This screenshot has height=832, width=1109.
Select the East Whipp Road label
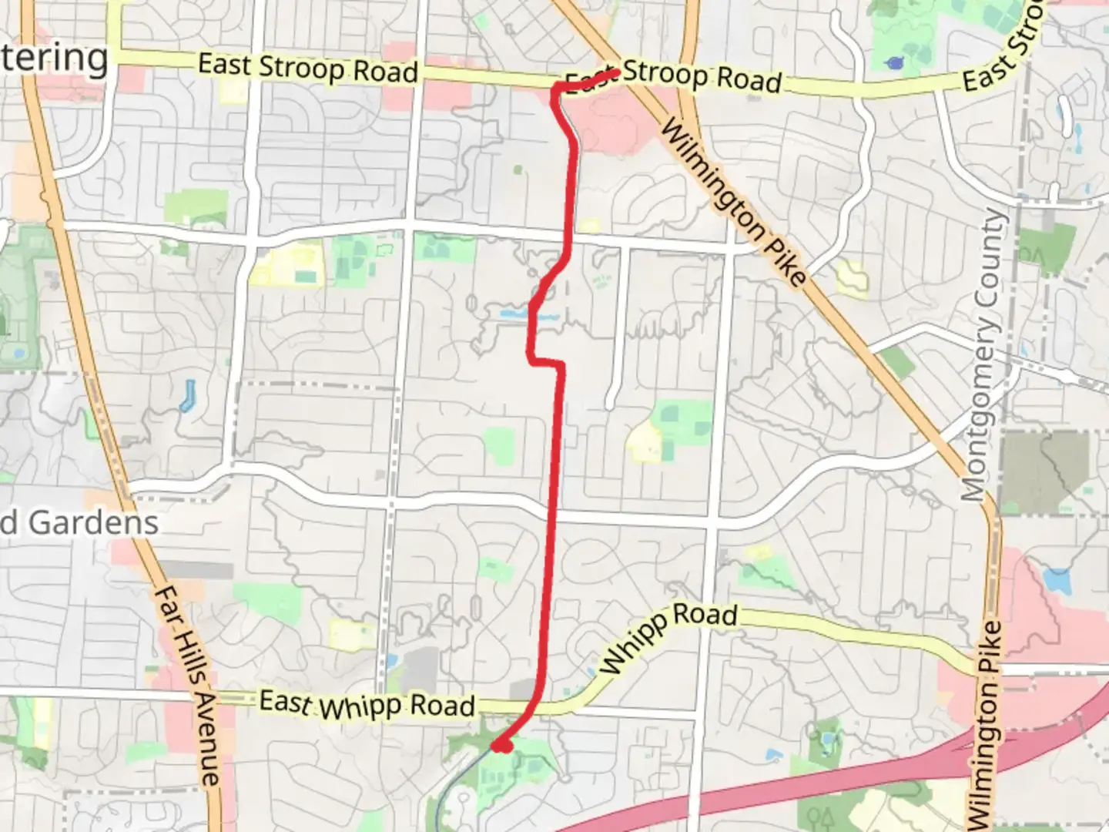coord(367,705)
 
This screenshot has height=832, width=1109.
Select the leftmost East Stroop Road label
coord(308,68)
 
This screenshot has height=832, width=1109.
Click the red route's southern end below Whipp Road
coord(501,746)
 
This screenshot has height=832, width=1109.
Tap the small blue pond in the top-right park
coord(894,63)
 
